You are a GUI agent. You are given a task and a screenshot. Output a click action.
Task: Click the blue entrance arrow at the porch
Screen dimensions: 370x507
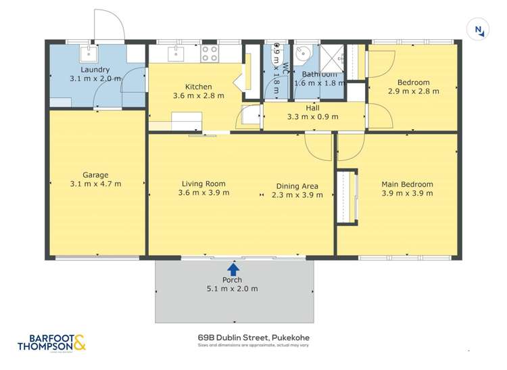pos(234,269)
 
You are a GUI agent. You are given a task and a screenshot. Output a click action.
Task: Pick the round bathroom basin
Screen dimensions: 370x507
pos(305,52)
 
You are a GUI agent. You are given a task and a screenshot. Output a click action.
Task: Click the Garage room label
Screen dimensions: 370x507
pos(95,175)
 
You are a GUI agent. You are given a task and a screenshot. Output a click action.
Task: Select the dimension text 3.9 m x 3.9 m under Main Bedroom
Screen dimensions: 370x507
pos(407,194)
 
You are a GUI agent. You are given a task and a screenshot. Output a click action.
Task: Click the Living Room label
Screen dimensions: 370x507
pos(203,183)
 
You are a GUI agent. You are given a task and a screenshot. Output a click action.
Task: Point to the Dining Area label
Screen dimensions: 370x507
pos(297,186)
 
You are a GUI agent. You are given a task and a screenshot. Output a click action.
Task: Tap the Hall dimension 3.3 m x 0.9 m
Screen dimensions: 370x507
pos(312,116)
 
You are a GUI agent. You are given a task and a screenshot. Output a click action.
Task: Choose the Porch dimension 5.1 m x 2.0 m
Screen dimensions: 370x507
pos(232,289)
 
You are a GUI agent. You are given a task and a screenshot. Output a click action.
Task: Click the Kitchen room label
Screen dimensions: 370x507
pos(199,87)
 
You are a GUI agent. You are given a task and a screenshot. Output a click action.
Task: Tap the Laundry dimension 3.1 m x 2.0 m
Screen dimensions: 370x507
pos(95,78)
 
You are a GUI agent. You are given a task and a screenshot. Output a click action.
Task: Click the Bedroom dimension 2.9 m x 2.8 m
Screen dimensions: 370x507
pos(413,91)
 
